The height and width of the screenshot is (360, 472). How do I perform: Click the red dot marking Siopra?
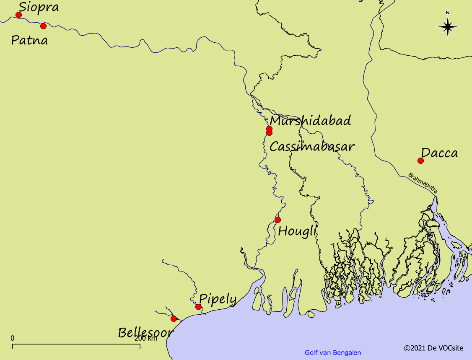pyautogui.click(x=18, y=15)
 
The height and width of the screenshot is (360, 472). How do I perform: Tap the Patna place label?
pyautogui.click(x=29, y=41)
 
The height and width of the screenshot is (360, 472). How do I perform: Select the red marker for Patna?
pyautogui.click(x=43, y=26)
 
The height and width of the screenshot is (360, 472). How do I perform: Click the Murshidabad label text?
pyautogui.click(x=310, y=121)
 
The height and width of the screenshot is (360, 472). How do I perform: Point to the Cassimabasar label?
pyautogui.click(x=312, y=147)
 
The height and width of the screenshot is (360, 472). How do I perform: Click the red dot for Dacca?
pyautogui.click(x=420, y=161)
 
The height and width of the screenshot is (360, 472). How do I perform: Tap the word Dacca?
pyautogui.click(x=439, y=153)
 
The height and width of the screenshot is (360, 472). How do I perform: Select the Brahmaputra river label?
pyautogui.click(x=423, y=183)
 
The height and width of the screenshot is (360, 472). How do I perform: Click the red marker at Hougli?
pyautogui.click(x=277, y=220)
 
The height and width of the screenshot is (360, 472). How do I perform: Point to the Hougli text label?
pyautogui.click(x=297, y=231)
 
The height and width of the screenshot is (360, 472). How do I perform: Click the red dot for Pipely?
pyautogui.click(x=198, y=307)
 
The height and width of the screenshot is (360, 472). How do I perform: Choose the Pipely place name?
pyautogui.click(x=218, y=299)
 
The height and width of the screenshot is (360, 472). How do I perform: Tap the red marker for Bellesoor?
pyautogui.click(x=174, y=319)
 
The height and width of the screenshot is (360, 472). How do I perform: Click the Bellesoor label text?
pyautogui.click(x=145, y=333)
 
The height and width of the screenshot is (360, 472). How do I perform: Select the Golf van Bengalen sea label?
pyautogui.click(x=333, y=353)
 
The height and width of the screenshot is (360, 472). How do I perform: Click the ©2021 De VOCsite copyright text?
pyautogui.click(x=433, y=348)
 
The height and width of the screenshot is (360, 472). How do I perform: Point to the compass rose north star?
pyautogui.click(x=448, y=27)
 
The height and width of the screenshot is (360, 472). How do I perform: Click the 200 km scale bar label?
pyautogui.click(x=146, y=338)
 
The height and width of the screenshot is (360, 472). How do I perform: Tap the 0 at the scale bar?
pyautogui.click(x=13, y=338)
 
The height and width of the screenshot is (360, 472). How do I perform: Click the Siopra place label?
pyautogui.click(x=39, y=7)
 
